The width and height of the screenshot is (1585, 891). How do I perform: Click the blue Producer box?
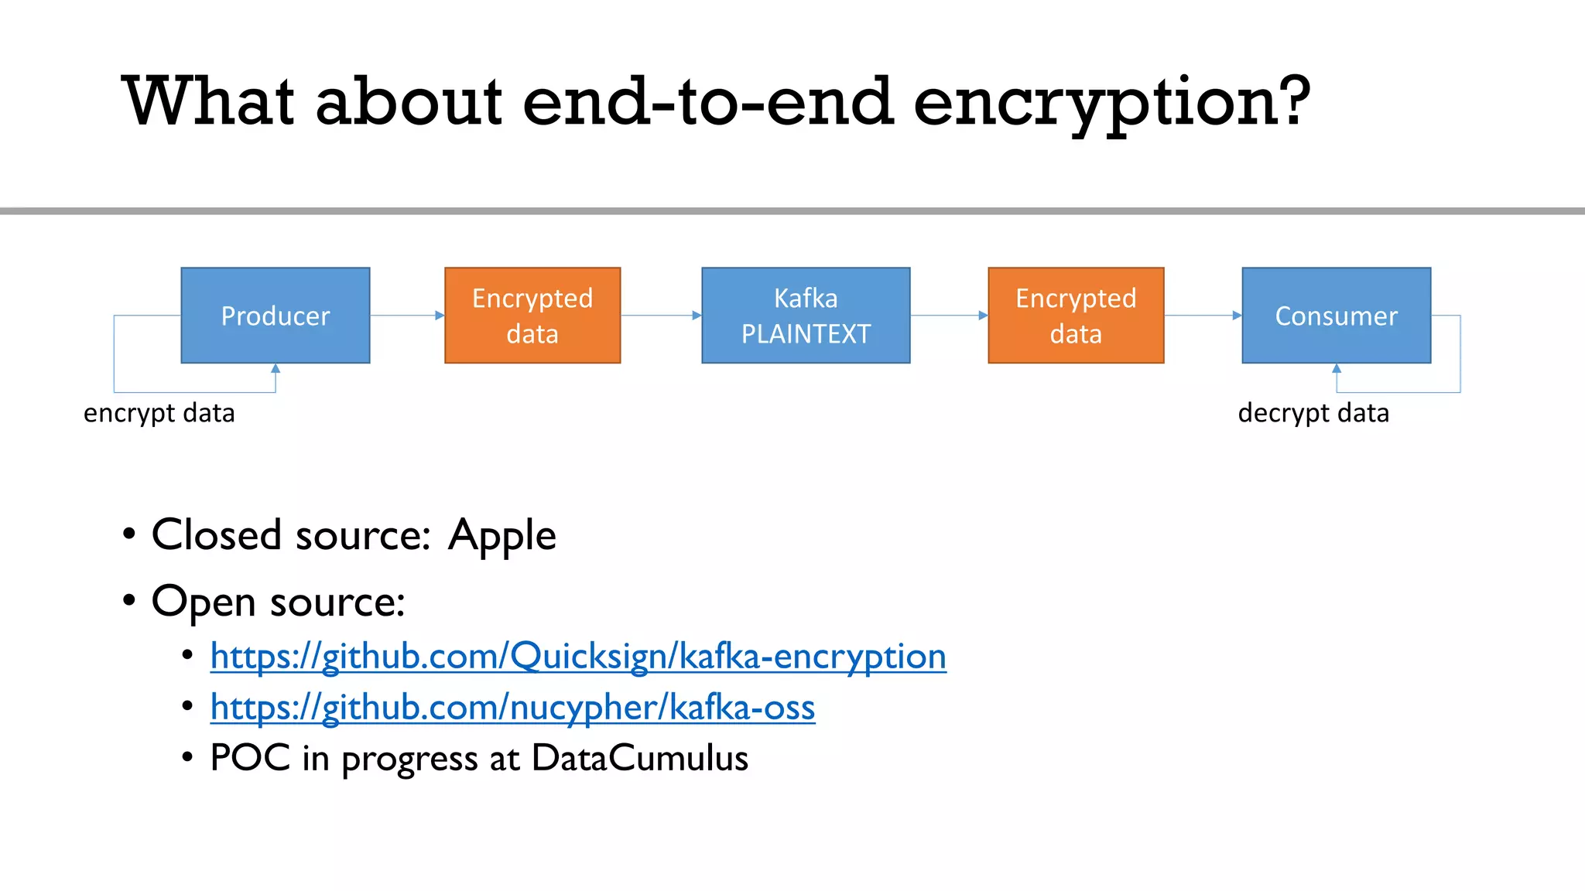[276, 316]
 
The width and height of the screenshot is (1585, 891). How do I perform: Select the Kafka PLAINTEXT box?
[806, 316]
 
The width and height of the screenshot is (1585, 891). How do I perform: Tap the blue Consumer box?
[1336, 316]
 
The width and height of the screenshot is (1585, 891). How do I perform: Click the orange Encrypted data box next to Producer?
[532, 316]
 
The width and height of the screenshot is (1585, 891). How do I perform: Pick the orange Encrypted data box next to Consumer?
[1076, 316]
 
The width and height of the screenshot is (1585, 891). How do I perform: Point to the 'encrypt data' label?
[159, 413]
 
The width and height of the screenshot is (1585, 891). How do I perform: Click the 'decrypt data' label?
[1313, 413]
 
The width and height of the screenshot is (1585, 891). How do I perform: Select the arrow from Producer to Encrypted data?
[407, 316]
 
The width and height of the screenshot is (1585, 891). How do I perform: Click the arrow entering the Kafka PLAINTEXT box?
[661, 316]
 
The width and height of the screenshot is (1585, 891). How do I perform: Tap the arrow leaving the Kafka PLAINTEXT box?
[949, 316]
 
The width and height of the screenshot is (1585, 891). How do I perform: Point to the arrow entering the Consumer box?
[1203, 316]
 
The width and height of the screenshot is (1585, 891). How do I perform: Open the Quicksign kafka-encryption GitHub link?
[578, 657]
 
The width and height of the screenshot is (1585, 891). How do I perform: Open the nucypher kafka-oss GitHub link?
[512, 708]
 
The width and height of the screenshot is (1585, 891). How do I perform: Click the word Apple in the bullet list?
[502, 535]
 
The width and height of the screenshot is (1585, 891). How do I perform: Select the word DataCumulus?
[640, 758]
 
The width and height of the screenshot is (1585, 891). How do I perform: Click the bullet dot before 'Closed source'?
[129, 534]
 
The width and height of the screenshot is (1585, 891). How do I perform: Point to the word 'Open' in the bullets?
[204, 603]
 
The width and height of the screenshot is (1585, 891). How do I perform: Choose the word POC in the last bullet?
[250, 758]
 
